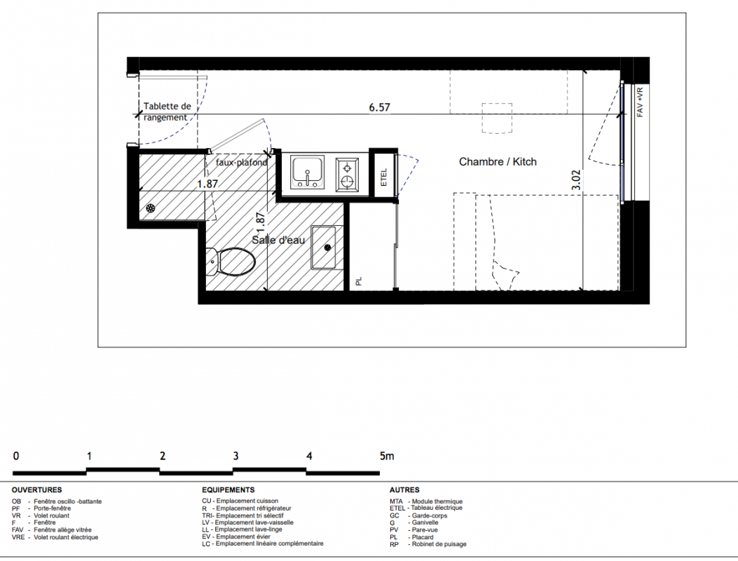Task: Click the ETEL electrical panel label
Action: pyautogui.click(x=383, y=177)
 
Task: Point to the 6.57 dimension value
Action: pyautogui.click(x=379, y=107)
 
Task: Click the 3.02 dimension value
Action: pyautogui.click(x=576, y=180)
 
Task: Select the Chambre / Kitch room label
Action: pyautogui.click(x=498, y=161)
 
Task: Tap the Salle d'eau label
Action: pyautogui.click(x=278, y=240)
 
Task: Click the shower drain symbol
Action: pyautogui.click(x=151, y=209)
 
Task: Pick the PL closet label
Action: pyautogui.click(x=359, y=281)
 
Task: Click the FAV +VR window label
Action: pyautogui.click(x=640, y=102)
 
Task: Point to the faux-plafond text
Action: pyautogui.click(x=242, y=163)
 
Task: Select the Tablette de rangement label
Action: pyautogui.click(x=167, y=111)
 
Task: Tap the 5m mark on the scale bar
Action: pyautogui.click(x=387, y=456)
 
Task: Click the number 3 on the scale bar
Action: pyautogui.click(x=235, y=456)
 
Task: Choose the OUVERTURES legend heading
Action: pyautogui.click(x=36, y=490)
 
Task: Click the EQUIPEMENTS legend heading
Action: pyautogui.click(x=228, y=490)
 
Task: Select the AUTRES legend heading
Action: pyautogui.click(x=404, y=490)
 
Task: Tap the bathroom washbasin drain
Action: pyautogui.click(x=327, y=247)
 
